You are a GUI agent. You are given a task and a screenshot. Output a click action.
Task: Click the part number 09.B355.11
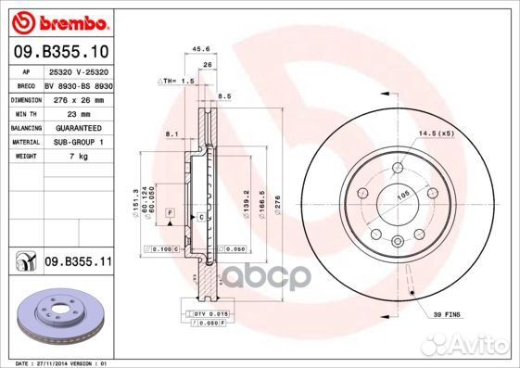(78, 262)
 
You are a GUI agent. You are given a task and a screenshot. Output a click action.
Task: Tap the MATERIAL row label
(24, 141)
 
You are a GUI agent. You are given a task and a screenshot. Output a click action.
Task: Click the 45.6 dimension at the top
(197, 48)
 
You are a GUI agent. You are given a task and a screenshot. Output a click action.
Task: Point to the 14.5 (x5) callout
(438, 133)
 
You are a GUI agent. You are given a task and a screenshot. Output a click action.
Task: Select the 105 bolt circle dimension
(405, 195)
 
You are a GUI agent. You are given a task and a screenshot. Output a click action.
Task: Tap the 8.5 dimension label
(222, 95)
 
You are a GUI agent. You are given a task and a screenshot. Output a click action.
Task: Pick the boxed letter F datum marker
(171, 213)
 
